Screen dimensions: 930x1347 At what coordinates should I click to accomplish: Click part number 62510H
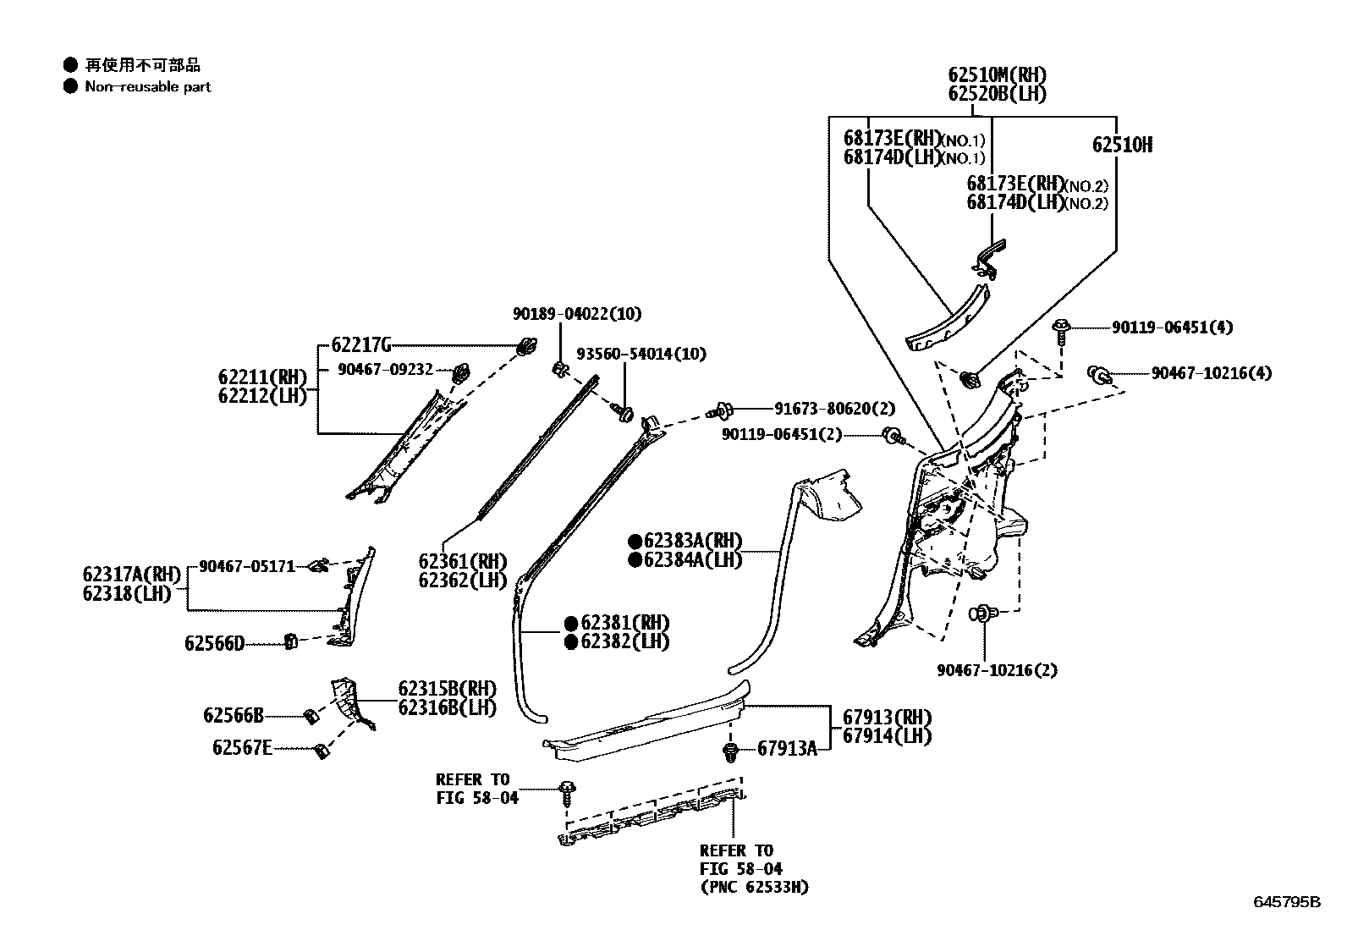pyautogui.click(x=1121, y=145)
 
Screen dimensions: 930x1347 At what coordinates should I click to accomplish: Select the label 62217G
pyautogui.click(x=361, y=344)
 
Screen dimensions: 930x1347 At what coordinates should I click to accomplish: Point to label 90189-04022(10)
pyautogui.click(x=576, y=314)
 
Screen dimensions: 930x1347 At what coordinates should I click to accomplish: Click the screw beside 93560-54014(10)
pyautogui.click(x=624, y=413)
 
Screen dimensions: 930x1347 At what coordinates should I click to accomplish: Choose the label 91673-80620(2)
pyautogui.click(x=833, y=410)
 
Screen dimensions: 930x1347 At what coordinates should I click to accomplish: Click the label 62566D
pyautogui.click(x=214, y=644)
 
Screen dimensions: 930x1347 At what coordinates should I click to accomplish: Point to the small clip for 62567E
pyautogui.click(x=321, y=750)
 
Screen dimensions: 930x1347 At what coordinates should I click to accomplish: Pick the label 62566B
pyautogui.click(x=233, y=716)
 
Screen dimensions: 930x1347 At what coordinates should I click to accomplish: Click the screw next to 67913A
pyautogui.click(x=732, y=751)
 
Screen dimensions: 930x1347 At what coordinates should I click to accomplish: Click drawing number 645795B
pyautogui.click(x=1286, y=901)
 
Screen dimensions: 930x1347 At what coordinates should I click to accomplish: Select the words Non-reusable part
pyautogui.click(x=147, y=86)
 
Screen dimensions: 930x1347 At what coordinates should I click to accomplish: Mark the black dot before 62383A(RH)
pyautogui.click(x=634, y=541)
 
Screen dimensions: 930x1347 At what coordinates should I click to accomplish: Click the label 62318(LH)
pyautogui.click(x=127, y=593)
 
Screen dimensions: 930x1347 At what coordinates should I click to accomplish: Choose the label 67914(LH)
pyautogui.click(x=886, y=736)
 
